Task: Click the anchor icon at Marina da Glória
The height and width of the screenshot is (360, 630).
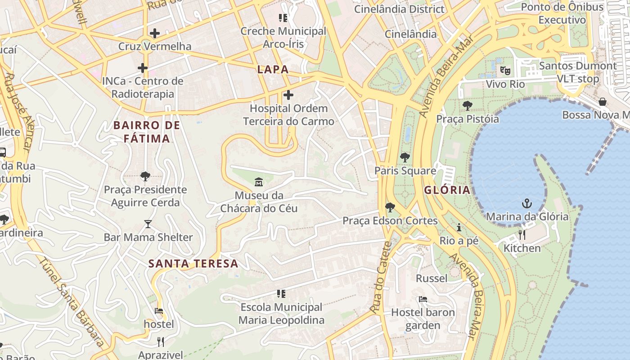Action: (526, 203)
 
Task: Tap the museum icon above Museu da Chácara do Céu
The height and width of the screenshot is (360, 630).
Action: (259, 182)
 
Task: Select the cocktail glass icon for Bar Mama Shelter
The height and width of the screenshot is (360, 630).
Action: (148, 224)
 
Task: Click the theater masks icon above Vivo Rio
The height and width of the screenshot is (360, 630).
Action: (505, 71)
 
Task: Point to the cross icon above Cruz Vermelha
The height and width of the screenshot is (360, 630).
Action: (155, 33)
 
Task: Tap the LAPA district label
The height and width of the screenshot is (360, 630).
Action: (273, 69)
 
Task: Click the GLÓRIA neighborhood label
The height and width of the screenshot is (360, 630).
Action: (447, 190)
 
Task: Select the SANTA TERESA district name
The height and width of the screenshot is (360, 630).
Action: (193, 264)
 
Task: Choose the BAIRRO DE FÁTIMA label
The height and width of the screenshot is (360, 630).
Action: (147, 132)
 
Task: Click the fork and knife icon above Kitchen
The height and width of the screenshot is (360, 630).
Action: (522, 234)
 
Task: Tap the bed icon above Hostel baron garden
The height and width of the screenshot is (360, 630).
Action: (423, 299)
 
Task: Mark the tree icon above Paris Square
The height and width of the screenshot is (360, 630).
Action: (405, 157)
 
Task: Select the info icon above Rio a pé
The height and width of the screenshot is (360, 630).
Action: (459, 227)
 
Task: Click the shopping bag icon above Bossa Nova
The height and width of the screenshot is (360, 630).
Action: (602, 102)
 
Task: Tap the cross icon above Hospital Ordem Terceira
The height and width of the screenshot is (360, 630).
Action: (288, 95)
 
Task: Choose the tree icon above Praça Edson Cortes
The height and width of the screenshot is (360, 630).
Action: (390, 207)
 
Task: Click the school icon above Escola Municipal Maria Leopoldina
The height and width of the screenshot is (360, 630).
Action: (281, 294)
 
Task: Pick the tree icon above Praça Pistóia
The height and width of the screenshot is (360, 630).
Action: (468, 106)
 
